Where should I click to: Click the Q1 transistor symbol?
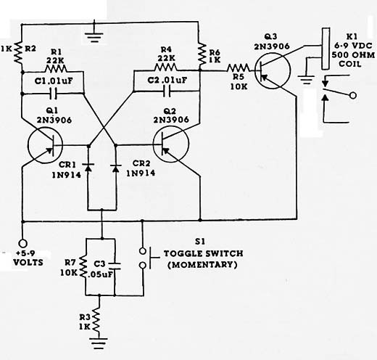45,145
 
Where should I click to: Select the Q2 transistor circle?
171,144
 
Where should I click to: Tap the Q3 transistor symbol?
273,70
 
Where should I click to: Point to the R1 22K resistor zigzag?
56,69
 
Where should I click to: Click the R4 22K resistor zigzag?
165,67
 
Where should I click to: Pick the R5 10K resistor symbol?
239,68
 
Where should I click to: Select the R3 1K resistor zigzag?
97,319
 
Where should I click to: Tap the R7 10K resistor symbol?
83,266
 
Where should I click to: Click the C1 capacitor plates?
53,94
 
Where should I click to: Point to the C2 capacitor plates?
167,91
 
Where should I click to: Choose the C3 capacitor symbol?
115,266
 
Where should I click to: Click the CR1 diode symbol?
88,167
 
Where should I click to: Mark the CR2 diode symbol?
116,168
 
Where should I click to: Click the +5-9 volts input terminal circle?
22,242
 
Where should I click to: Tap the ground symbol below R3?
99,343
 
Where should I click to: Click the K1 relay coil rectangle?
326,49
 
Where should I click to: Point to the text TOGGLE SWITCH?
204,253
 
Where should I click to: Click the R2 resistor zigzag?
18,52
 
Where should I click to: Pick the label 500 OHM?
353,55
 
